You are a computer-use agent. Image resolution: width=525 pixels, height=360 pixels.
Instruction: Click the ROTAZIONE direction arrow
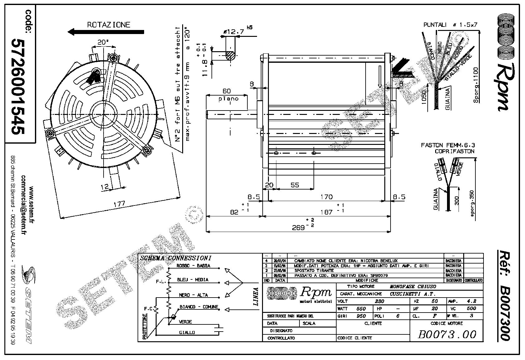(106, 32)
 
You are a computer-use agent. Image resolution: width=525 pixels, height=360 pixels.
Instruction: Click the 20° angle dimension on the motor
(103, 42)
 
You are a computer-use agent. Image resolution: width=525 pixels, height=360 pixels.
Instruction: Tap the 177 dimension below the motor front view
(119, 204)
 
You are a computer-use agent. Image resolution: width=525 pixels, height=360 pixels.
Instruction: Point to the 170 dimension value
(326, 197)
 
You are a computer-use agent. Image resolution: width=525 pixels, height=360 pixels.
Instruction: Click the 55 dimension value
(295, 185)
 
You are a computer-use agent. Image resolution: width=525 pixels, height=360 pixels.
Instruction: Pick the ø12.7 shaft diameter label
(233, 32)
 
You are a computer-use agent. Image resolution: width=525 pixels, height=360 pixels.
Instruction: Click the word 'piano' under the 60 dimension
(228, 99)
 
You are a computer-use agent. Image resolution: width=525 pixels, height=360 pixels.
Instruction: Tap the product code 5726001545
(18, 87)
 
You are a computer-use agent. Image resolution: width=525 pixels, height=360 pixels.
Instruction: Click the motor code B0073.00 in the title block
(447, 334)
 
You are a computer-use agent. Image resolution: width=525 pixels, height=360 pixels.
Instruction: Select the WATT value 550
(361, 308)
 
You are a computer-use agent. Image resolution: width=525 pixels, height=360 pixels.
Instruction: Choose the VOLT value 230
(379, 301)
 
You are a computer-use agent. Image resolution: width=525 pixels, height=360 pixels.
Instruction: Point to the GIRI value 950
(361, 316)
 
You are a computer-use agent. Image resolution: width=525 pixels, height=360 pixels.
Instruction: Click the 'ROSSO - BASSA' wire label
(193, 266)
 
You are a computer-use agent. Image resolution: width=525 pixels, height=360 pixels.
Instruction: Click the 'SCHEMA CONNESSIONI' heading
(176, 258)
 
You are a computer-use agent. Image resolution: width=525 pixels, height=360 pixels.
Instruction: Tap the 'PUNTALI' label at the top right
(435, 25)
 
